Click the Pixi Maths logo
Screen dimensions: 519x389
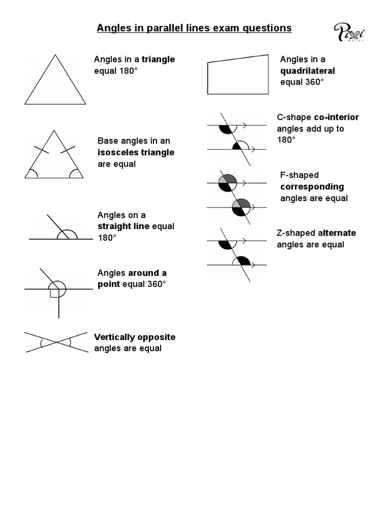pyautogui.click(x=349, y=33)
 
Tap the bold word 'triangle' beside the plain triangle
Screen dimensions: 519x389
pyautogui.click(x=158, y=59)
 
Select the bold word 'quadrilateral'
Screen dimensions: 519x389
pyautogui.click(x=307, y=71)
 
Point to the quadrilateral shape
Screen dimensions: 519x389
pyautogui.click(x=238, y=75)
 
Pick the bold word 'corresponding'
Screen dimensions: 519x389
pyautogui.click(x=312, y=187)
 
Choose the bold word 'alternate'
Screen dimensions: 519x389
pyautogui.click(x=337, y=233)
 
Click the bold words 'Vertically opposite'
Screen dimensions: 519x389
pyautogui.click(x=135, y=337)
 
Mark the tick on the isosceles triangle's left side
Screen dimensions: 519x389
pyautogui.click(x=41, y=150)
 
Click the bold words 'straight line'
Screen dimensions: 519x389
pyautogui.click(x=124, y=226)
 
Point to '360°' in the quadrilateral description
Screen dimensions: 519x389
pyautogui.click(x=314, y=82)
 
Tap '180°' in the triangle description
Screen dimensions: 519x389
pyautogui.click(x=128, y=70)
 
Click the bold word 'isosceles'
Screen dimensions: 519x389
pyautogui.click(x=118, y=153)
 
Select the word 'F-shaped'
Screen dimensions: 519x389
pyautogui.click(x=299, y=175)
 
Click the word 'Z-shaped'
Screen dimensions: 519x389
pyautogui.click(x=296, y=233)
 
